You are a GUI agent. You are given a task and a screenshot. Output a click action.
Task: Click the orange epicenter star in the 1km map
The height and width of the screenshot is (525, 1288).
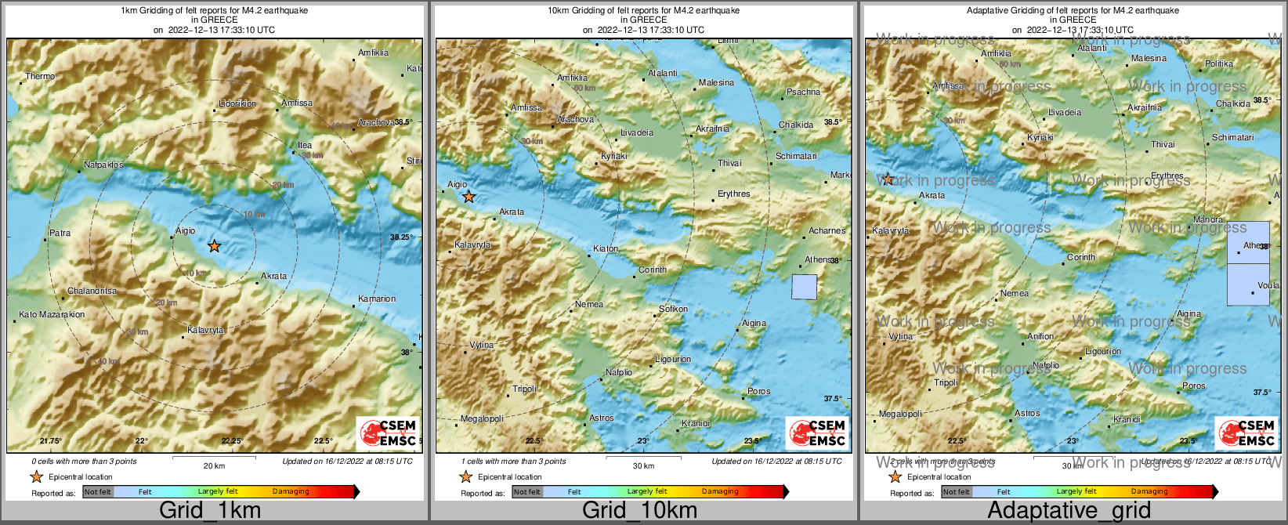(x=214, y=246)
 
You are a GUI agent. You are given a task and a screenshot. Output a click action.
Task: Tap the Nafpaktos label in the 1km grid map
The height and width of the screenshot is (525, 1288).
(x=103, y=165)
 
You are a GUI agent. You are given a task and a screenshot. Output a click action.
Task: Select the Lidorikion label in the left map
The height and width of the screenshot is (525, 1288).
(x=237, y=103)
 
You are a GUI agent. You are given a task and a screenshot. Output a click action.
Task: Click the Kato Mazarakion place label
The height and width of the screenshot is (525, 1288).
(x=52, y=314)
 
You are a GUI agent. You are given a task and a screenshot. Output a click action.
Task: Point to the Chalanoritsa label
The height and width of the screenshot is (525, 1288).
(x=92, y=291)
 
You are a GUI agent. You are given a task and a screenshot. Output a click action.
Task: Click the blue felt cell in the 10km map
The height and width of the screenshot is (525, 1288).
(x=804, y=287)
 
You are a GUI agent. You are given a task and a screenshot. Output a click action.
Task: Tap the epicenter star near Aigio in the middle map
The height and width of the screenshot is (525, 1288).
(x=469, y=197)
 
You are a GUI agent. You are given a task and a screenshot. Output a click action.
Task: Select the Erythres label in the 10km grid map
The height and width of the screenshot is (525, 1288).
(x=733, y=194)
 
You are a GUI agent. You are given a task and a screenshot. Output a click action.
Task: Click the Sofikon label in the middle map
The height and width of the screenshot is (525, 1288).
(x=673, y=309)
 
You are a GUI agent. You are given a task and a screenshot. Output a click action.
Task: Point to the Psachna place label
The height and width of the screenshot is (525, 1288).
(x=803, y=92)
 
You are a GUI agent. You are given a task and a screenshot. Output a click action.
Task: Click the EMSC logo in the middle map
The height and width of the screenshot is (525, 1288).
(x=817, y=433)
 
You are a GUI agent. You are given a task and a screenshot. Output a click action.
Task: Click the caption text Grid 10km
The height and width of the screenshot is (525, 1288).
(x=639, y=510)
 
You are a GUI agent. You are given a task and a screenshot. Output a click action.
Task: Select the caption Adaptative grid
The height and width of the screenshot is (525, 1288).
(x=1069, y=510)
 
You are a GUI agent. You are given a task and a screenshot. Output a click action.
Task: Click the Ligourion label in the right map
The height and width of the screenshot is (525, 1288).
(x=1102, y=351)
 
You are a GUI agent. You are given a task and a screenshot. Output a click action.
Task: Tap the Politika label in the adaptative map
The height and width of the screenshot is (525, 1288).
(x=1219, y=63)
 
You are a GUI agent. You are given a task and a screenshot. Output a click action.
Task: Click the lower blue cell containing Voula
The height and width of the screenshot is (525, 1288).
(x=1248, y=284)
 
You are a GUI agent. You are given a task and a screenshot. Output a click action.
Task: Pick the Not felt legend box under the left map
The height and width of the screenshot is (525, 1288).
(x=98, y=492)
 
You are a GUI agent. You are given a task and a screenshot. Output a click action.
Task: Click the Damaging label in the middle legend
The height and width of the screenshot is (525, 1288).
(x=719, y=492)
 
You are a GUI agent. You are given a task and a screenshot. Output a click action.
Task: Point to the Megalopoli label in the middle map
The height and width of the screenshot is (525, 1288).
(x=481, y=418)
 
